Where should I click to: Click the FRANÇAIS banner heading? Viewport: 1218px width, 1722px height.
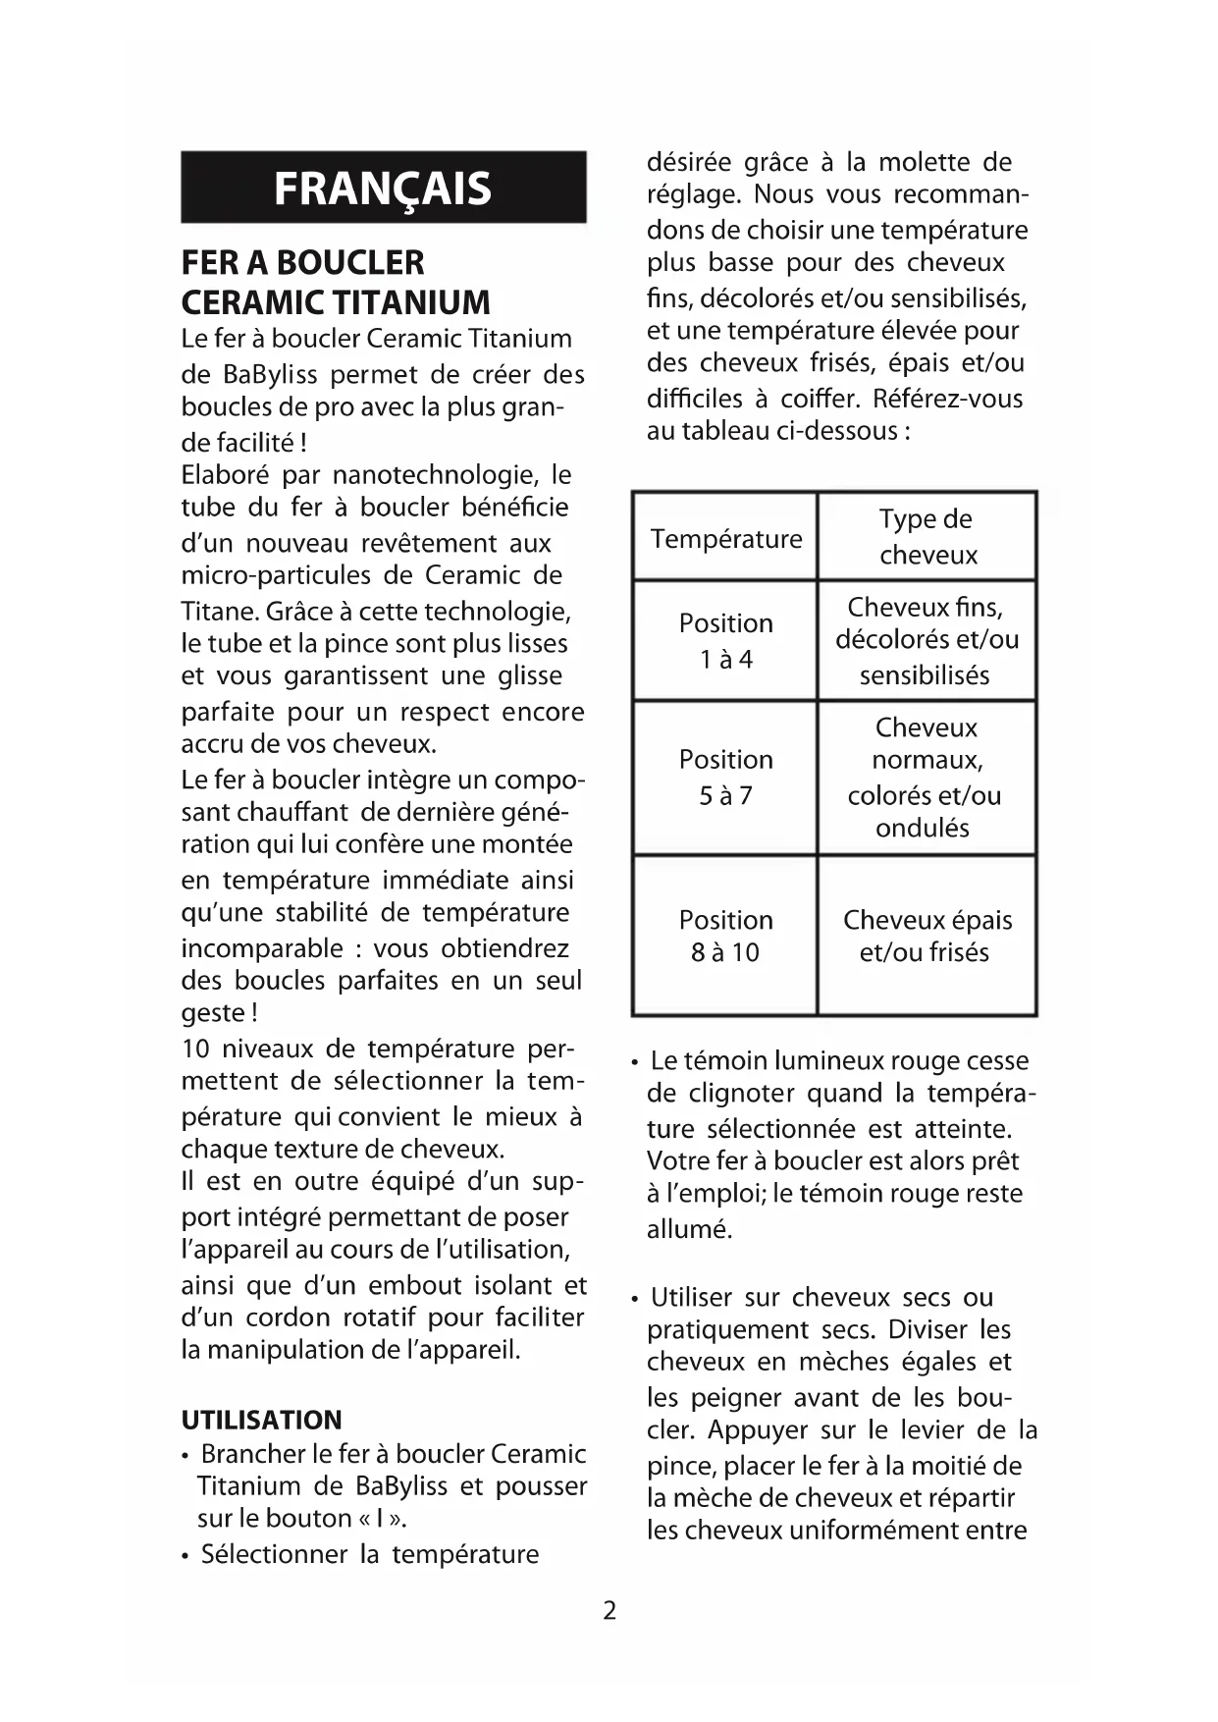pyautogui.click(x=383, y=188)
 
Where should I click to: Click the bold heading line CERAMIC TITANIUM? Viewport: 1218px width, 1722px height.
pyautogui.click(x=336, y=302)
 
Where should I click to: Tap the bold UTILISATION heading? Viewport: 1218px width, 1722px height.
pyautogui.click(x=262, y=1420)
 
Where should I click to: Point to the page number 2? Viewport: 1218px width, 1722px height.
pyautogui.click(x=609, y=1610)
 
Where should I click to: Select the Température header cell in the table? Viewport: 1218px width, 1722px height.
pyautogui.click(x=725, y=538)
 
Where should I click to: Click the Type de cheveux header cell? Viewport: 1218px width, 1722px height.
pyautogui.click(x=927, y=537)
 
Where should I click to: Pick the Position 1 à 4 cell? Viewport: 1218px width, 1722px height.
pyautogui.click(x=725, y=641)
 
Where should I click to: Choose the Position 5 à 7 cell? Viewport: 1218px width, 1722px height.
pyautogui.click(x=725, y=778)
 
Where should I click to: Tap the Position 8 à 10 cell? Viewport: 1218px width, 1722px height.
pyautogui.click(x=725, y=936)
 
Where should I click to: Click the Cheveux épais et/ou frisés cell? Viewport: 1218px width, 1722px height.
pyautogui.click(x=927, y=936)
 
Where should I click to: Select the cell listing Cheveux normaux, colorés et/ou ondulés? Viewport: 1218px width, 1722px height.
pyautogui.click(x=927, y=778)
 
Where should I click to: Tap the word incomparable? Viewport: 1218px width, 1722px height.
pyautogui.click(x=261, y=948)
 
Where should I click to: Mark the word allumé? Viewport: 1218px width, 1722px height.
pyautogui.click(x=689, y=1229)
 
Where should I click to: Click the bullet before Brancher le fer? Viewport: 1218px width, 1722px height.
pyautogui.click(x=186, y=1455)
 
